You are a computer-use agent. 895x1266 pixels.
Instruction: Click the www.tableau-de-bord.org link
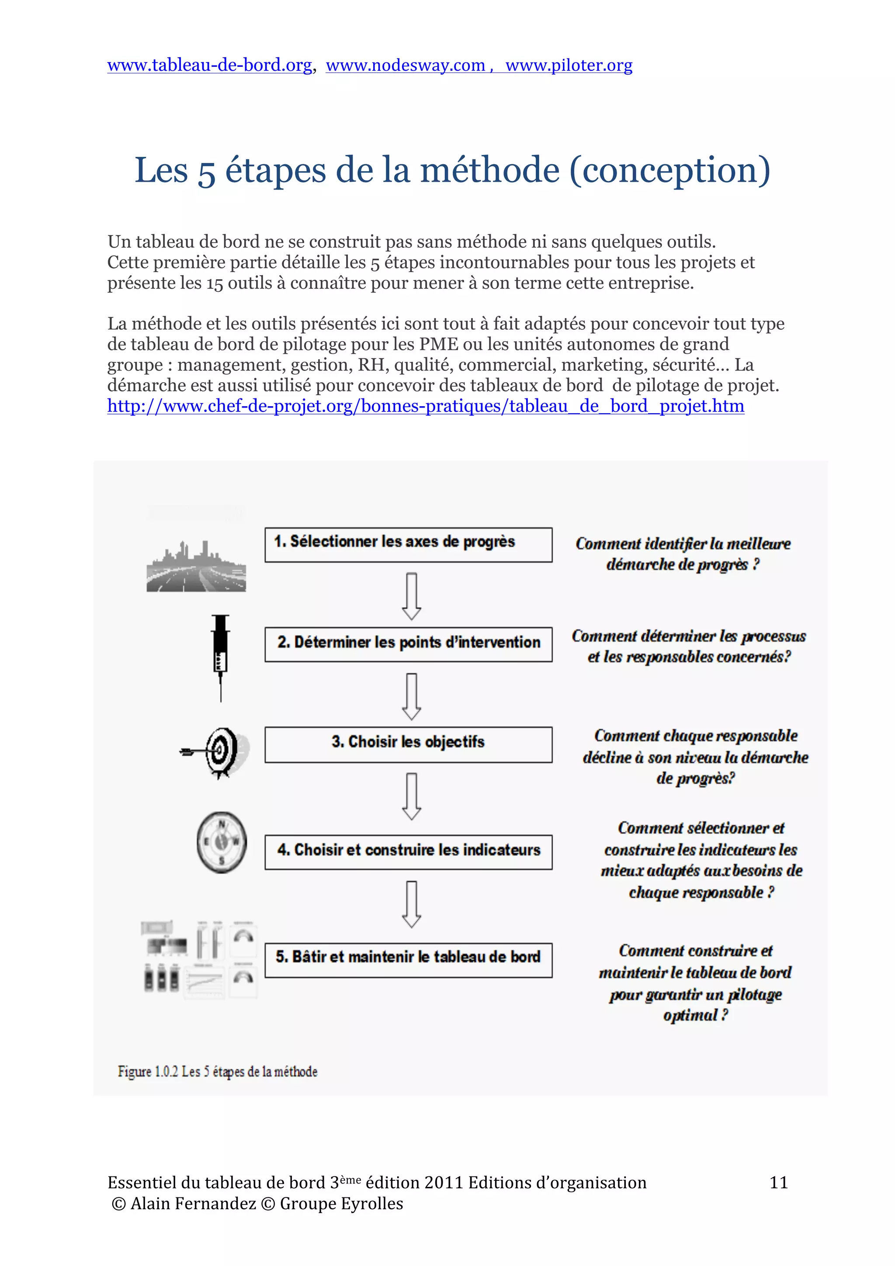(x=210, y=65)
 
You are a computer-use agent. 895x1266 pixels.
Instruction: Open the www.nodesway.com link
(x=405, y=65)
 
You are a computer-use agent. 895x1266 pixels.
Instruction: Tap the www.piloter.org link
(x=569, y=65)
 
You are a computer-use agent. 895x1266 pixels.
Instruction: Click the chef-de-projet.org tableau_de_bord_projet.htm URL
(x=425, y=406)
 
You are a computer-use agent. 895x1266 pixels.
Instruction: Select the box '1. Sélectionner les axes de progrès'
(x=408, y=544)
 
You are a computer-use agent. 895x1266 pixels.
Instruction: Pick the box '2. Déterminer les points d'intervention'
(x=408, y=643)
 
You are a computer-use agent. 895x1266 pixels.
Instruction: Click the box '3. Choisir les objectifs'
(x=408, y=744)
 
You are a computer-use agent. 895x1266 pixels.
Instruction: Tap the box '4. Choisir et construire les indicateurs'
(x=408, y=851)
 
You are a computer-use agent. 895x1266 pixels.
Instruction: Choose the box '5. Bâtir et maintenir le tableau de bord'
(x=408, y=959)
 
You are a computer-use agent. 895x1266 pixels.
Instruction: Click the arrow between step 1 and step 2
(x=411, y=596)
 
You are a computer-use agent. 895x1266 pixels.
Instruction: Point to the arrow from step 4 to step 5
(x=411, y=904)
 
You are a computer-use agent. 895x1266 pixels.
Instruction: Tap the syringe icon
(x=221, y=657)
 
